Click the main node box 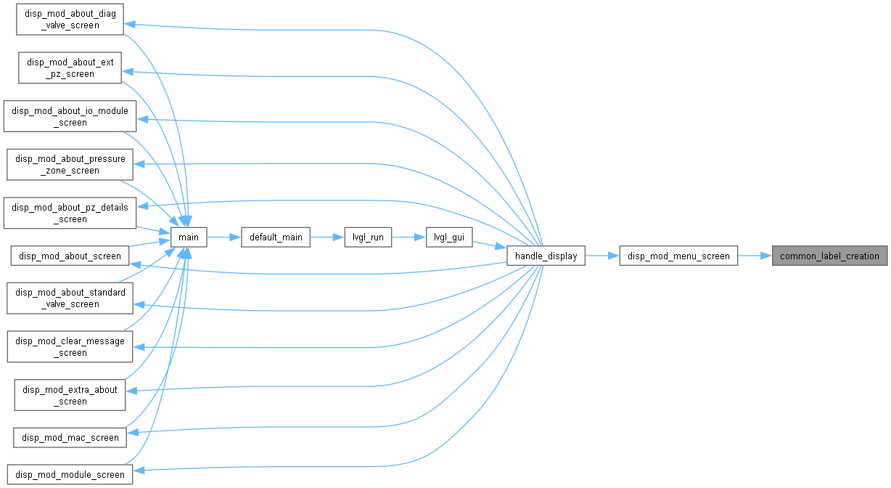point(189,237)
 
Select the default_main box point(276,237)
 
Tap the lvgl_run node point(368,237)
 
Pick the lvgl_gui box point(449,237)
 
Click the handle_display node point(546,256)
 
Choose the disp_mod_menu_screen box point(678,256)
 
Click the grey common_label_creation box point(830,256)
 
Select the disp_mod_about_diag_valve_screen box point(70,19)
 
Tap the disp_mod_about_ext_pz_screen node point(70,68)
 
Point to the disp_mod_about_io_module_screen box point(70,116)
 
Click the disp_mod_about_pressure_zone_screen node point(70,164)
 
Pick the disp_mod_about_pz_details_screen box point(70,213)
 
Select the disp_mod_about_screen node point(70,256)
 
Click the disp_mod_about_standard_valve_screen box point(70,298)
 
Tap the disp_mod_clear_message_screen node point(70,346)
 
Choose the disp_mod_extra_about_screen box point(70,395)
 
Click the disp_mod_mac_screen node point(70,437)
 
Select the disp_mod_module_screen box point(70,474)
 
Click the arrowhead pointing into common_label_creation point(766,256)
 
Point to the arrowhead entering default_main point(235,237)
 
